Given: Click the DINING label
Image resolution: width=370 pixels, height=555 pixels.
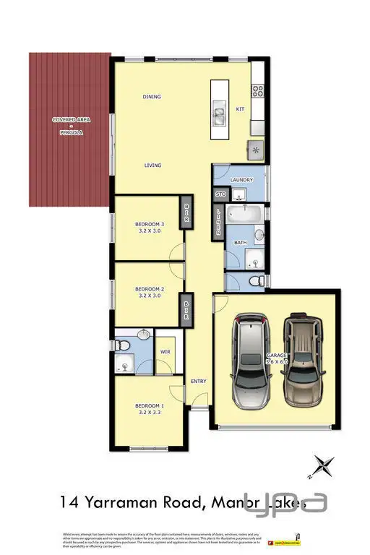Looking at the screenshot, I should pos(152,97).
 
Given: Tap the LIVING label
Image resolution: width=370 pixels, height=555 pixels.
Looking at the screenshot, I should pos(152,165).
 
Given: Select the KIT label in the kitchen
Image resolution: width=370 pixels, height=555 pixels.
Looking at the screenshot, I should pos(241,109).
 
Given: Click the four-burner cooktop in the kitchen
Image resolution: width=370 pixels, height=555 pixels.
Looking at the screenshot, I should pos(259,92).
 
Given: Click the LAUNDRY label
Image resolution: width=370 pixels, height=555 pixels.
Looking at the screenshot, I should pos(239,179).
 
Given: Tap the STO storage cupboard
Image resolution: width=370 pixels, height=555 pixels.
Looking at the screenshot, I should pos(220,194).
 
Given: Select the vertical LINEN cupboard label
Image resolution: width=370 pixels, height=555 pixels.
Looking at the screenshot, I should pos(220,222).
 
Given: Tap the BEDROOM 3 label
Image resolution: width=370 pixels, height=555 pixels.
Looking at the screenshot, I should pos(150,225).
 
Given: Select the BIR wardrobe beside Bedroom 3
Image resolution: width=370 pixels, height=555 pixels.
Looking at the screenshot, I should pos(186,215).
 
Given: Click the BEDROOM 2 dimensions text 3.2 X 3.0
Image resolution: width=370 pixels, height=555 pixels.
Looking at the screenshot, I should pos(150,296).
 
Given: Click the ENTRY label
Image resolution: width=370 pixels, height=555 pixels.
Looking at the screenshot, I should pos(198,381).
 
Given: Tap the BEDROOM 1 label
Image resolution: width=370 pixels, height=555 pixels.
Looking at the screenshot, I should pos(150,406).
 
